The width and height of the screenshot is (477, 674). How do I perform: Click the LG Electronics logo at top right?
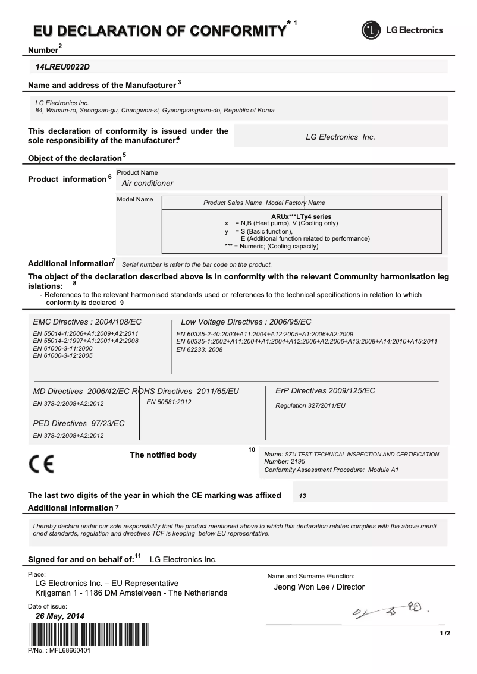pyautogui.click(x=403, y=30)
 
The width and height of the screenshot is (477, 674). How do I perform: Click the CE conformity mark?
pyautogui.click(x=40, y=464)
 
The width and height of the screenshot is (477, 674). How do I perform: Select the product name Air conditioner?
pyautogui.click(x=148, y=184)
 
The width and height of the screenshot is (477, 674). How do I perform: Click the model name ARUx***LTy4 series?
pyautogui.click(x=301, y=216)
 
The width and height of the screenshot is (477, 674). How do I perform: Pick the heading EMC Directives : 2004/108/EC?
pyautogui.click(x=87, y=322)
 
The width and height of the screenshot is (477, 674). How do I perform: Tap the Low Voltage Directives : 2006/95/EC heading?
pyautogui.click(x=246, y=322)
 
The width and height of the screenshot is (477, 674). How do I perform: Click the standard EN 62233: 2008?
pyautogui.click(x=199, y=349)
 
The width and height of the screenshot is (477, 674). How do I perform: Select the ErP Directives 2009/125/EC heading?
pyautogui.click(x=325, y=390)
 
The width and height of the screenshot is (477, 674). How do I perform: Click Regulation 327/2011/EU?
pyautogui.click(x=310, y=405)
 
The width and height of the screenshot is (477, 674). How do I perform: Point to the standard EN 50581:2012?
pyautogui.click(x=169, y=402)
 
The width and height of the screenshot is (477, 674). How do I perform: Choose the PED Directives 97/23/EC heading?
pyautogui.click(x=79, y=423)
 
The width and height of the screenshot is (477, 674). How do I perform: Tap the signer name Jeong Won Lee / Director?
pyautogui.click(x=319, y=587)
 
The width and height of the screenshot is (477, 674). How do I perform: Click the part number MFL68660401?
pyautogui.click(x=59, y=651)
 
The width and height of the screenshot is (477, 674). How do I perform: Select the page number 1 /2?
pyautogui.click(x=444, y=634)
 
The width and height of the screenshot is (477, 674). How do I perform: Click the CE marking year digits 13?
pyautogui.click(x=303, y=496)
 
